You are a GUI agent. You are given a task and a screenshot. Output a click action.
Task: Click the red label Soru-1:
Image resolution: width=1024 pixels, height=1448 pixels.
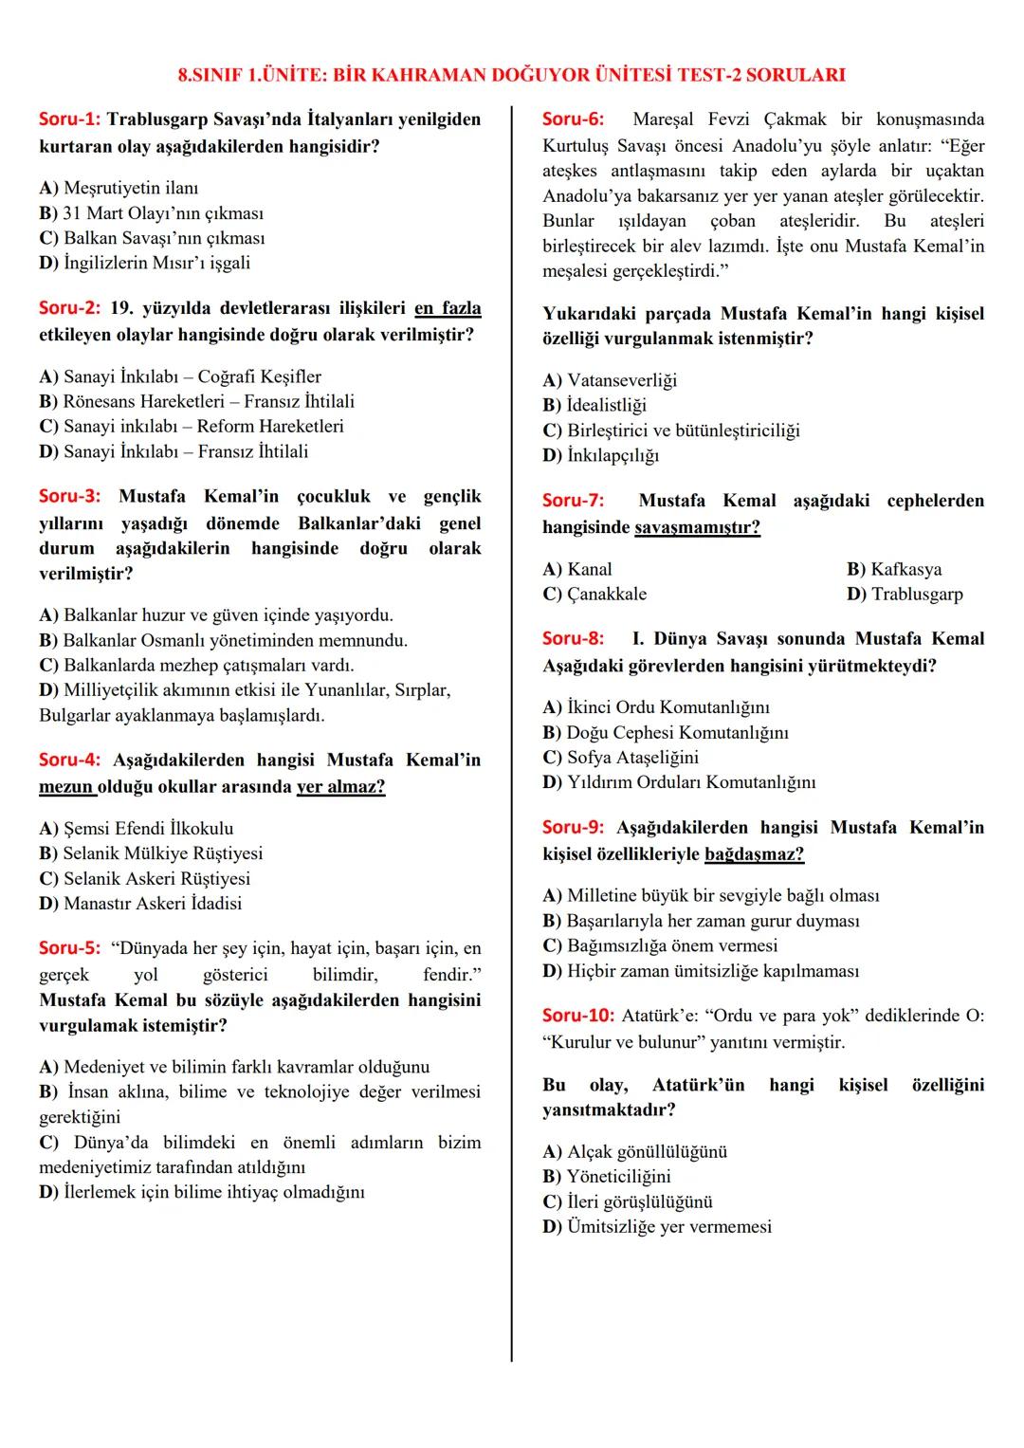(x=69, y=120)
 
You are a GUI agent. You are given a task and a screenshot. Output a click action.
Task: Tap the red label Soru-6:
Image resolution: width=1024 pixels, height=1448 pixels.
(x=573, y=119)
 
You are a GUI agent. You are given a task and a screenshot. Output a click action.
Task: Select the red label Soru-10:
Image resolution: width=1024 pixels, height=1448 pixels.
(x=578, y=1016)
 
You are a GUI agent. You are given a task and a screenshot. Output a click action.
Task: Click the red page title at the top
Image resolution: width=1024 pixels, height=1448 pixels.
(x=512, y=75)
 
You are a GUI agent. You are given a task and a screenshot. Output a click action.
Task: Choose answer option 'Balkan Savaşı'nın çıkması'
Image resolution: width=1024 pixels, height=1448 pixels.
(x=153, y=238)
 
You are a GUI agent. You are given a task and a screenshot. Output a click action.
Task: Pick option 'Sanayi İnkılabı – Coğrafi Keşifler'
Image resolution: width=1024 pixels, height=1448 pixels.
(x=180, y=376)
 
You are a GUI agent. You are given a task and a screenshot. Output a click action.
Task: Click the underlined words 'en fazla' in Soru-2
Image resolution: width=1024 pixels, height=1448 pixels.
(x=448, y=308)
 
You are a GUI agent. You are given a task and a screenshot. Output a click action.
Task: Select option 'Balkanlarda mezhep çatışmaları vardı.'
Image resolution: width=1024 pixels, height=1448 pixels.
(x=196, y=665)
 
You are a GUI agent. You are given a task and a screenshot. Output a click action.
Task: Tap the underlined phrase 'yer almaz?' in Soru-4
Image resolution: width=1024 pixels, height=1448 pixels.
(x=340, y=787)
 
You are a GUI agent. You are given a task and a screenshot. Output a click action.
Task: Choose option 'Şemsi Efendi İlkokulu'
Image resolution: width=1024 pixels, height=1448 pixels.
(x=137, y=828)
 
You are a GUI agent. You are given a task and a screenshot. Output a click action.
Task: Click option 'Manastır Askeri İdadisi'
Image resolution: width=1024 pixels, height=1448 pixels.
(x=140, y=903)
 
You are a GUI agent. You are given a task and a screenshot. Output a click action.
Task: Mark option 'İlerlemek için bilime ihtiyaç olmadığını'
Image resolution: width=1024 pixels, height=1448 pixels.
(x=201, y=1192)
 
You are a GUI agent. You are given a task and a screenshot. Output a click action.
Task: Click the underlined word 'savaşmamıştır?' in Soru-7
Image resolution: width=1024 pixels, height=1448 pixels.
(x=697, y=527)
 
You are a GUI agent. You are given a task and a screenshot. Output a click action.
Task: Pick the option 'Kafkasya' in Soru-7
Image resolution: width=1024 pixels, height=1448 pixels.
(x=894, y=569)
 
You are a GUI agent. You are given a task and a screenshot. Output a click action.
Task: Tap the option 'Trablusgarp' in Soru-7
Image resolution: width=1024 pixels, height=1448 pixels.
(x=905, y=595)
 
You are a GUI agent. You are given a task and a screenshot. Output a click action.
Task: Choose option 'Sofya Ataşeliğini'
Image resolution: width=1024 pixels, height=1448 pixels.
(x=621, y=757)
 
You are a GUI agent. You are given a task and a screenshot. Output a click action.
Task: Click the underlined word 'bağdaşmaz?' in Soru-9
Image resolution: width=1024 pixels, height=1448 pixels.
(x=754, y=854)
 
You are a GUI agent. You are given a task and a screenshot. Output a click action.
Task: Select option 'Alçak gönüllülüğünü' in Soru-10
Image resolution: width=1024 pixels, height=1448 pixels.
(x=635, y=1151)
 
